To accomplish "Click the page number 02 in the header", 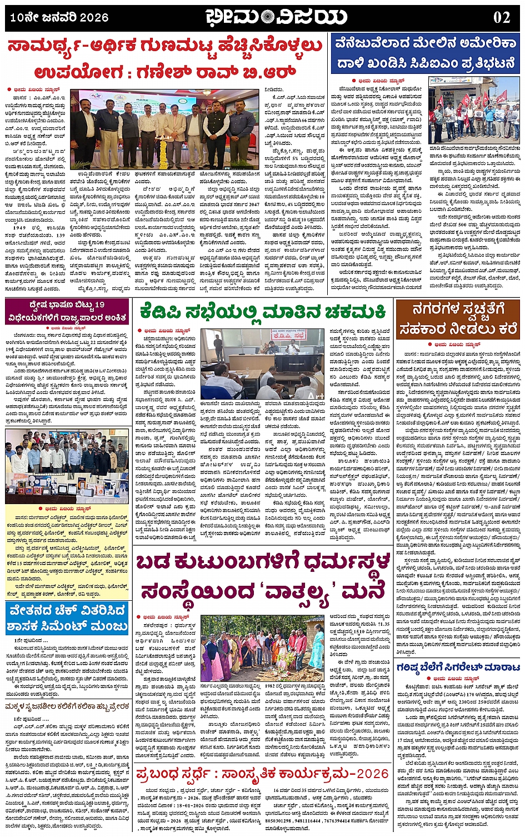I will click(501, 17).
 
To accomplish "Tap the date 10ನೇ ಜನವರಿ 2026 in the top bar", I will click(59, 18).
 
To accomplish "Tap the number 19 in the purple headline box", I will click(99, 305).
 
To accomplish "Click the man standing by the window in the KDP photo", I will click(219, 348).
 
